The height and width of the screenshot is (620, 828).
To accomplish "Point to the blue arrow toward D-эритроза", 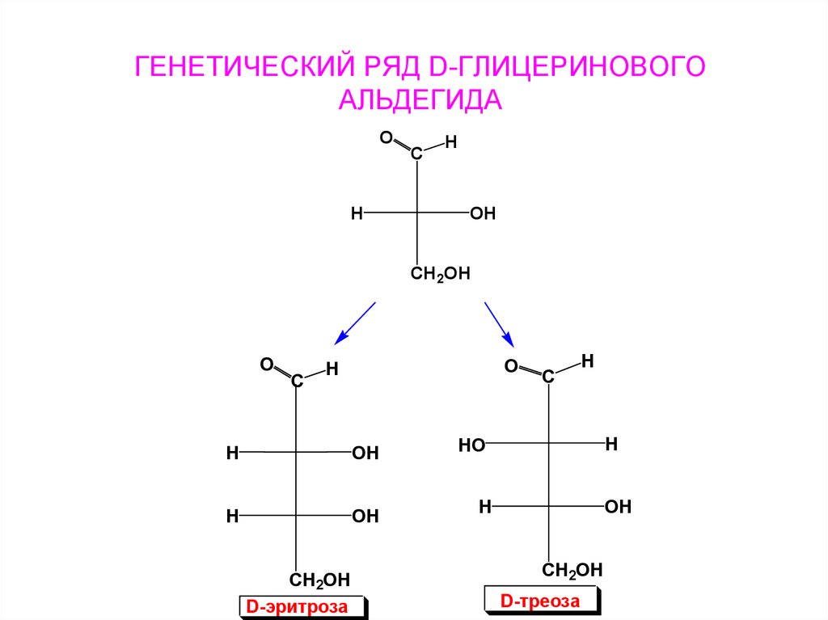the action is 355,323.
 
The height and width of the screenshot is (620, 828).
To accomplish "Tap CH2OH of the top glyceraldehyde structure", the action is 440,274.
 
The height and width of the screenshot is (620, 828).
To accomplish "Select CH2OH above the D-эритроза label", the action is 319,579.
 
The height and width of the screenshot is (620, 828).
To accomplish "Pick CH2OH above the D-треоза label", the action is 572,571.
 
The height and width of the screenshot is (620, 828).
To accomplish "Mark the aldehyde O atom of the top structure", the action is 386,138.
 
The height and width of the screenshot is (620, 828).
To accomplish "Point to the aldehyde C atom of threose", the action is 548,376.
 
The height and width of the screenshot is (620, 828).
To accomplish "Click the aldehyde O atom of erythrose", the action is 265,366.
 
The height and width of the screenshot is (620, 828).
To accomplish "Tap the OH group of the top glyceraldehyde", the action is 482,214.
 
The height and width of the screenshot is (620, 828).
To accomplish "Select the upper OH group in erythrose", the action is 365,453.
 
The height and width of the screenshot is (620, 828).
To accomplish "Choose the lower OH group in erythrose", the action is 365,517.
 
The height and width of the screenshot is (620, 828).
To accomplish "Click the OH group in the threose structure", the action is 618,507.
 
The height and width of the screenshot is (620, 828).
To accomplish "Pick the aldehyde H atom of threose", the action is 588,361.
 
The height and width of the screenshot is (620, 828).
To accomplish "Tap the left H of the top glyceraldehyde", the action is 356,214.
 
